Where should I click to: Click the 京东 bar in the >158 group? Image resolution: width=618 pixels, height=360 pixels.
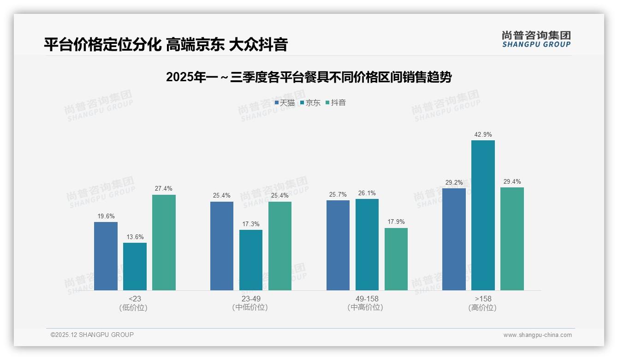tap(483, 215)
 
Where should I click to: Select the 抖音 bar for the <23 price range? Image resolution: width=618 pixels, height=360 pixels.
tap(164, 242)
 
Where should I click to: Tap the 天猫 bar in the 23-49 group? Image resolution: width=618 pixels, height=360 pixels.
tap(222, 246)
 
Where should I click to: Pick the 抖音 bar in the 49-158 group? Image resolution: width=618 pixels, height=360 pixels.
tap(396, 259)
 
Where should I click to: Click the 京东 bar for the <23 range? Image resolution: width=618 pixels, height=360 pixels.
tap(135, 266)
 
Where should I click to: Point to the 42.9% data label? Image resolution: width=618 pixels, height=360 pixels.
tap(483, 135)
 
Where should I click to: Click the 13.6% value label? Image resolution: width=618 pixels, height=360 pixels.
tap(135, 237)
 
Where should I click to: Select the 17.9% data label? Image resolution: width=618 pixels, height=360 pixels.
tap(396, 222)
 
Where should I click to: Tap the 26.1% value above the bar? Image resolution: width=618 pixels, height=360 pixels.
tap(367, 193)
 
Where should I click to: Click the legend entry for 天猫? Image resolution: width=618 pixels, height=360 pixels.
tap(285, 103)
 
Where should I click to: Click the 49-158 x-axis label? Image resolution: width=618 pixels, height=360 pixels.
tap(367, 299)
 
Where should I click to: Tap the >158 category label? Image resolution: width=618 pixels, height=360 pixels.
tap(483, 299)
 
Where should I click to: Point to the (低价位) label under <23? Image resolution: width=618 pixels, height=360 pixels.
tap(133, 308)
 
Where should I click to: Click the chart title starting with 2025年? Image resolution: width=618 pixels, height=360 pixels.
tap(309, 77)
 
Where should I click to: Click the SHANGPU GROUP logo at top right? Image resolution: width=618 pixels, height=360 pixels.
tap(536, 39)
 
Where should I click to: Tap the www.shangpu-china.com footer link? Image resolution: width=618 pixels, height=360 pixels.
tap(537, 335)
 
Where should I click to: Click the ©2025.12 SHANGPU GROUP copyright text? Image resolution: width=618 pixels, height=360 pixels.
tap(92, 335)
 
